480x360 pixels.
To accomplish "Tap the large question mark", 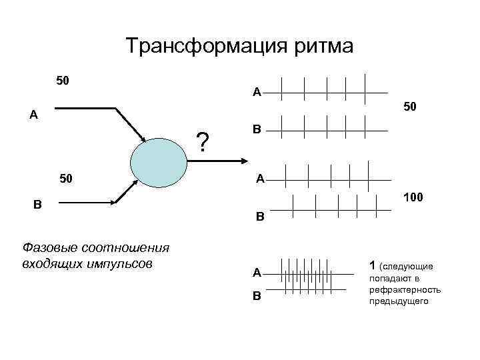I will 203,142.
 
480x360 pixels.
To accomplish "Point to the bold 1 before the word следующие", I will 371,265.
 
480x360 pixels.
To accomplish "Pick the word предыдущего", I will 399,301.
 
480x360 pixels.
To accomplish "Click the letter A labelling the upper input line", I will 33,115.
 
